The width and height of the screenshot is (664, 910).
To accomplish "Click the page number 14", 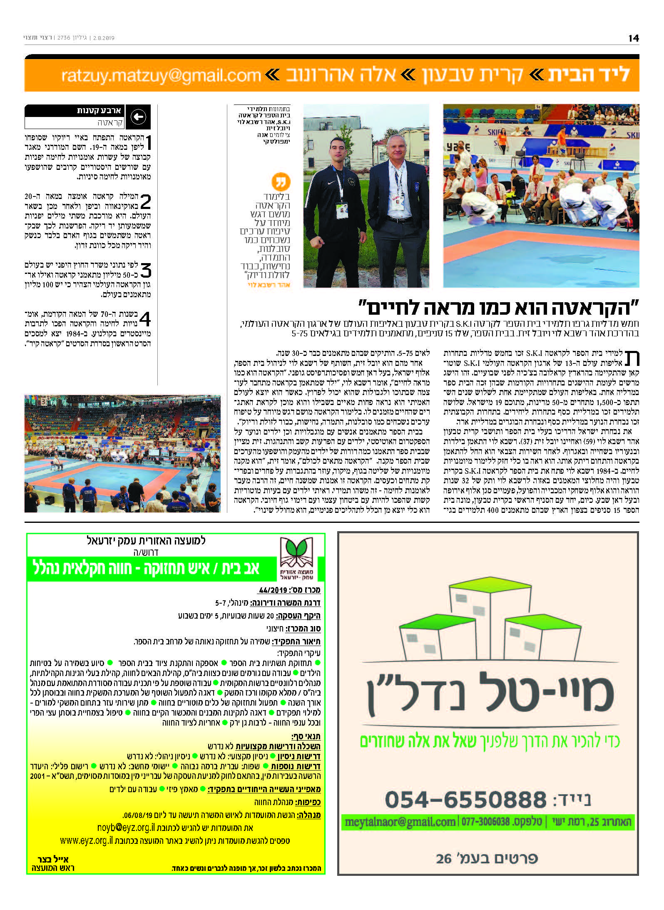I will [x=633, y=38].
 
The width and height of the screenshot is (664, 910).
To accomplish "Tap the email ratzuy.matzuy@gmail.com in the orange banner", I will [x=161, y=75].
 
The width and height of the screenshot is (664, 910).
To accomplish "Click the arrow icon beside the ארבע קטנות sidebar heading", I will [x=138, y=117].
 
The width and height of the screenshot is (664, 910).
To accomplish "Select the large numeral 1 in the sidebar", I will [x=149, y=143].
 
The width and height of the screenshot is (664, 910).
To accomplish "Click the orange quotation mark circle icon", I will [x=281, y=182].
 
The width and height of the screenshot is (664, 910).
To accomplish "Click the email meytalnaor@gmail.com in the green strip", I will [x=400, y=821].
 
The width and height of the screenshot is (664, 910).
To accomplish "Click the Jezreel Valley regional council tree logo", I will [x=296, y=553].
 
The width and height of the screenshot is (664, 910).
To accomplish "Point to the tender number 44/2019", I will [x=273, y=590].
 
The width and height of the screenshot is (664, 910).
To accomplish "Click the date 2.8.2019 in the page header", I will [x=104, y=38].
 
